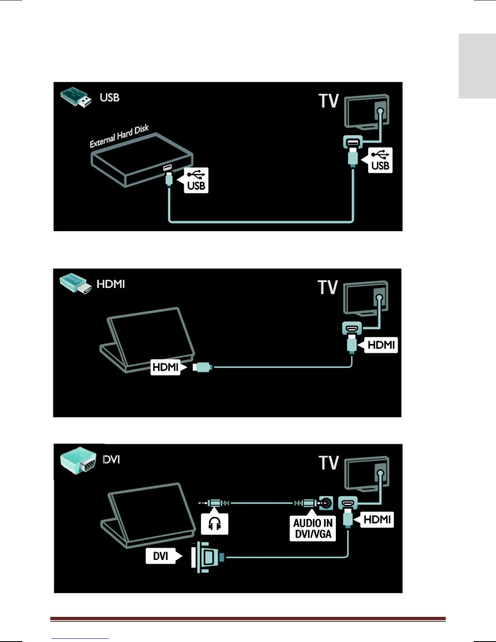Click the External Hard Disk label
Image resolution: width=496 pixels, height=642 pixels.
tap(119, 137)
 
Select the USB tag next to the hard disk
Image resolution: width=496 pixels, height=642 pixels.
tap(196, 180)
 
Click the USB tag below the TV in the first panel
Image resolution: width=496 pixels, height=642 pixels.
tap(380, 160)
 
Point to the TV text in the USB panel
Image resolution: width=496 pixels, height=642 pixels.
tap(328, 101)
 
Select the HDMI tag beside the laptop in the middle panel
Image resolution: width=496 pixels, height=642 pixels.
tap(165, 367)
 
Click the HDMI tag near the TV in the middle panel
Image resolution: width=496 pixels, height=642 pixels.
tap(381, 345)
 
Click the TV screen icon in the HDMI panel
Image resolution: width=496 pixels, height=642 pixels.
tap(366, 297)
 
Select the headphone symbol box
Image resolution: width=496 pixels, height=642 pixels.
tap(214, 524)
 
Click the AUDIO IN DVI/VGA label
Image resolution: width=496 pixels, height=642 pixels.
tap(313, 529)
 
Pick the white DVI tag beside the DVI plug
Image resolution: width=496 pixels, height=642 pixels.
tap(160, 556)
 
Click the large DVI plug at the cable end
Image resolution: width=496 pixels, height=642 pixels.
tap(207, 557)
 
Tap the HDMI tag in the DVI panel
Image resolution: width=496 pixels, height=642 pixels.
tap(376, 520)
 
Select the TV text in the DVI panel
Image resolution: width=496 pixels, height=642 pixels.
tap(329, 463)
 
